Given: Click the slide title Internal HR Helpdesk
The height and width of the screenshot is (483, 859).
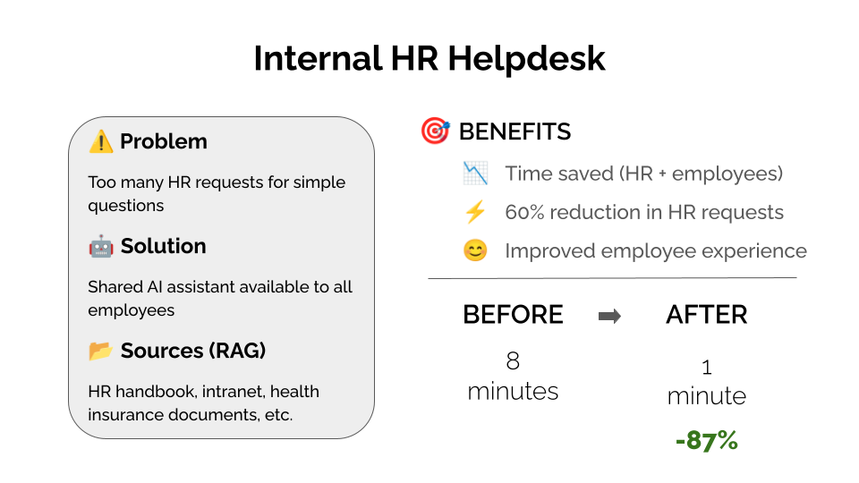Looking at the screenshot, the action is (429, 59).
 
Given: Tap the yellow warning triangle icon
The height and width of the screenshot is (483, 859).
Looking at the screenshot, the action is (101, 141).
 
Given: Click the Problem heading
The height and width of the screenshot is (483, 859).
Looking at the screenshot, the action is (164, 141).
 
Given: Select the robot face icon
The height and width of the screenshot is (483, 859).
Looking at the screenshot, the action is (101, 247).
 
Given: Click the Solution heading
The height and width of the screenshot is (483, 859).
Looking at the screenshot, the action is (163, 246).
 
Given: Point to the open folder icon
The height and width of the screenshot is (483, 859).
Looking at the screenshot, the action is (101, 351).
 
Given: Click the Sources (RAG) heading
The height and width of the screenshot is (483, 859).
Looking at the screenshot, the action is (193, 351).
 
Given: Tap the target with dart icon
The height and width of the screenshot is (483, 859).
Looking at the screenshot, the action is (435, 131).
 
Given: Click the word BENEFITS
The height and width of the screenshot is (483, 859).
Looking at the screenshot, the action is (515, 132).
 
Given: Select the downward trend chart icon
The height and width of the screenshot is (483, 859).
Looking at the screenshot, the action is (475, 174).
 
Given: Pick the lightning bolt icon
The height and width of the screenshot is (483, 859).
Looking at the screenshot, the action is (475, 212).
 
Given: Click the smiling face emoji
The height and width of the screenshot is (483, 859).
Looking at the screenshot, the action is (475, 250).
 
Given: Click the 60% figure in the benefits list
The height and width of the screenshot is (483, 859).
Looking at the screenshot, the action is (524, 213).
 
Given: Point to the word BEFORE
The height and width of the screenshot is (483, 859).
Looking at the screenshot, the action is (514, 315).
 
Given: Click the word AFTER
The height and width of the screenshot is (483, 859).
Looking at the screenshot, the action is (707, 315).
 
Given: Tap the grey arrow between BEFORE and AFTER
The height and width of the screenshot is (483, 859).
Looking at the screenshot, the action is (609, 316).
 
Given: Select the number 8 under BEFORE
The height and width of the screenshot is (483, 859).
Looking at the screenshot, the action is (513, 360).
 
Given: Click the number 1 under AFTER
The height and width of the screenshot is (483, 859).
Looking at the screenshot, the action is (707, 368).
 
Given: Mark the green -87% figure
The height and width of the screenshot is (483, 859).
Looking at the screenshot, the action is (707, 440).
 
